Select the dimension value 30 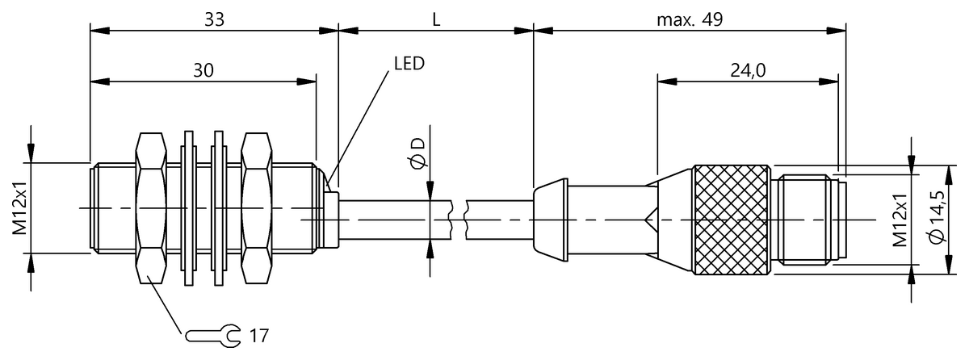[203, 70]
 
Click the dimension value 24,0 [748, 70]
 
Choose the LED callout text [409, 63]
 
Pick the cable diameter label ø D [417, 154]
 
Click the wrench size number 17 [258, 333]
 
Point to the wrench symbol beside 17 [212, 333]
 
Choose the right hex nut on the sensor [257, 207]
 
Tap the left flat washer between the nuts [189, 207]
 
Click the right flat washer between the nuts [218, 207]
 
